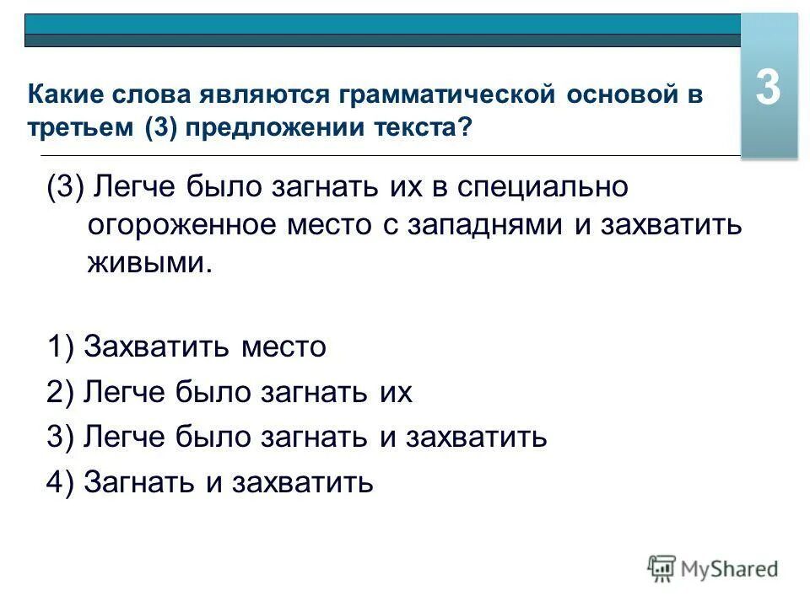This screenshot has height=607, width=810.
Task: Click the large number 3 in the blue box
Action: click(768, 88)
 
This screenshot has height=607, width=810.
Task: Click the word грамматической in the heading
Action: click(446, 94)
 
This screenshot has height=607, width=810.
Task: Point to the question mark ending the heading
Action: click(467, 128)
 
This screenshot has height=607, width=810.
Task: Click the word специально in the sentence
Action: click(543, 187)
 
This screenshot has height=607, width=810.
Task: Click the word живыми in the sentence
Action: click(148, 265)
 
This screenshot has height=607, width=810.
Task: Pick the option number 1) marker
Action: click(62, 347)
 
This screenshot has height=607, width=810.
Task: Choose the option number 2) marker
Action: click(62, 392)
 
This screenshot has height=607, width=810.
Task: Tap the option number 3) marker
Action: click(62, 437)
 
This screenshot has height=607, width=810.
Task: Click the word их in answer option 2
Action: click(393, 392)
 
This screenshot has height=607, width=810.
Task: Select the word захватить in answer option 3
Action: click(478, 437)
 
